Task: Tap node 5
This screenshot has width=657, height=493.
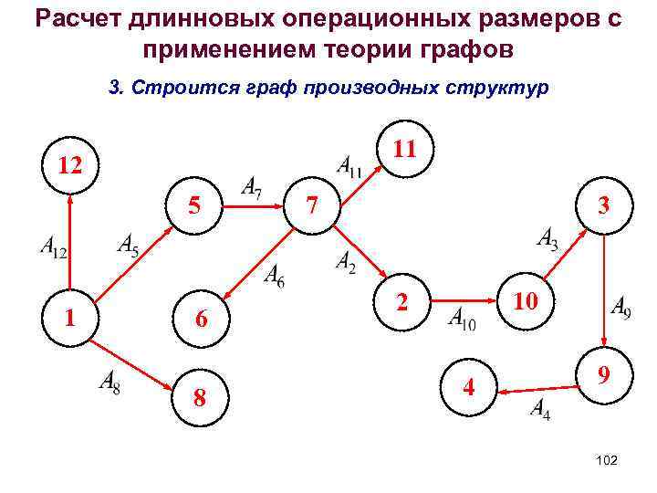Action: (x=194, y=206)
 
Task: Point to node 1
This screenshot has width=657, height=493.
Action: (x=70, y=317)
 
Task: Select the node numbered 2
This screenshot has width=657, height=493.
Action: (x=401, y=301)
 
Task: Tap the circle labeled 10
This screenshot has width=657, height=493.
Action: (x=525, y=299)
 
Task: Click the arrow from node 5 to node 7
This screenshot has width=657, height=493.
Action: (x=255, y=206)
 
